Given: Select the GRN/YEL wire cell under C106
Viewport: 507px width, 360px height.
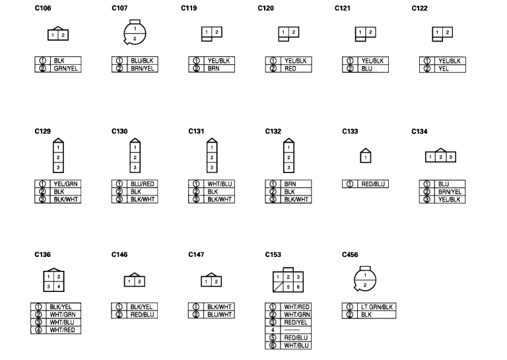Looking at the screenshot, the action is coord(67,68).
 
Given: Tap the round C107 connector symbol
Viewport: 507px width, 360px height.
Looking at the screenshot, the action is coord(135,34).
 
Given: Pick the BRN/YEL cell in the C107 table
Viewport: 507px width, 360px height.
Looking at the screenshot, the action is coord(143,68).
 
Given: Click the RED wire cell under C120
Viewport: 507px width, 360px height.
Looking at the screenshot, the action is coord(296,68).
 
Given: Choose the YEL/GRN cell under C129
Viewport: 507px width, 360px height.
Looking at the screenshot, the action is coord(66,184).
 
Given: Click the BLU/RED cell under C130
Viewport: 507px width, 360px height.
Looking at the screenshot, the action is coord(143,184).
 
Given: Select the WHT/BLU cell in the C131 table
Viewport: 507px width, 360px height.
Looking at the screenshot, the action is coord(219,184).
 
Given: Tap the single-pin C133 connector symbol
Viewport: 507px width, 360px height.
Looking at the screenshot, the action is coord(365,157).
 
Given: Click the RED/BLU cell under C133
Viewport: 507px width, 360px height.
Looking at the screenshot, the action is coord(372,184).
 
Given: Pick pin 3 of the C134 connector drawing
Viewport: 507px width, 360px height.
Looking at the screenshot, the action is coord(450,157).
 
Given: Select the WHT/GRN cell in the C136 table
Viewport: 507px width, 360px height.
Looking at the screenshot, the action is coord(66,314).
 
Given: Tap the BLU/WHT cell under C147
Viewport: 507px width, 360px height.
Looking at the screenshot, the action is coord(219,314).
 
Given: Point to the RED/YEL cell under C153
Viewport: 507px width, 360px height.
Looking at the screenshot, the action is coord(296,322).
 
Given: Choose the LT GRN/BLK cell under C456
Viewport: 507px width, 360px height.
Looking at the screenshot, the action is coord(376,307).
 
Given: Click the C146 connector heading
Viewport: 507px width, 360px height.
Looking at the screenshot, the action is coord(119,254).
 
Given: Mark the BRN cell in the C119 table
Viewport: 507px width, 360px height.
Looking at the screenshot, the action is coord(219,68).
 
